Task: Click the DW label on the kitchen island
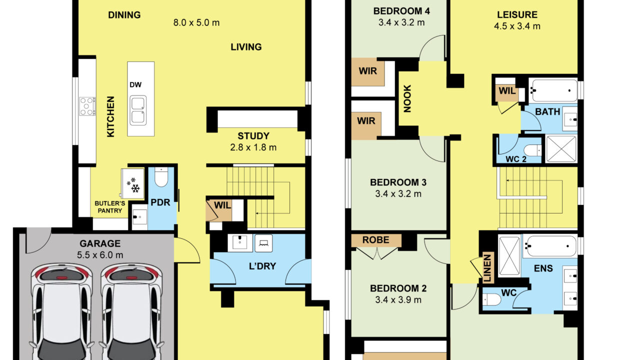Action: (x=135, y=84)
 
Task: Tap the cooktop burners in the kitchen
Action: (x=87, y=106)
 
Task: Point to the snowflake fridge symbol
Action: (x=133, y=185)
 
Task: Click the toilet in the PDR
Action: (x=161, y=177)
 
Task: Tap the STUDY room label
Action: (x=253, y=136)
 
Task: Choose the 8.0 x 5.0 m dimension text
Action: (x=196, y=22)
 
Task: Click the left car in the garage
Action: (x=61, y=311)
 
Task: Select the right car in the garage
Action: (x=131, y=311)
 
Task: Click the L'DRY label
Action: (x=262, y=266)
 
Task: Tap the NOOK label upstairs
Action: (x=407, y=98)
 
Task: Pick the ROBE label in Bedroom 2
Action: (x=375, y=239)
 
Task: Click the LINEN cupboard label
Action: (x=487, y=268)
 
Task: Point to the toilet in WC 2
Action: (x=532, y=150)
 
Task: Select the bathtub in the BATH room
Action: (x=553, y=90)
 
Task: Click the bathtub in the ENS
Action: (x=550, y=246)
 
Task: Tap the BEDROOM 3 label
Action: (x=398, y=182)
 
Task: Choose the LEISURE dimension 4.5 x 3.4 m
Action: (x=517, y=26)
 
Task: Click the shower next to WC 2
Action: (x=561, y=149)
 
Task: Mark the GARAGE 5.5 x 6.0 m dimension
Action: (x=100, y=255)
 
